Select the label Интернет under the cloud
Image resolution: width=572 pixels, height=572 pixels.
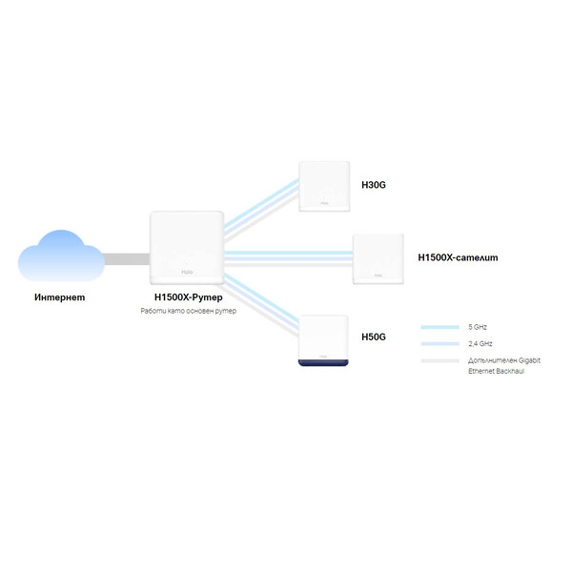pos(59,297)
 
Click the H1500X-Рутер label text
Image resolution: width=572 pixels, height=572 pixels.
pos(187,297)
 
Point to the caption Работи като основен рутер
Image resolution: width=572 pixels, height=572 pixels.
pos(187,312)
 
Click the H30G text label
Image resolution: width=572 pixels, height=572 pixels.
pos(373,186)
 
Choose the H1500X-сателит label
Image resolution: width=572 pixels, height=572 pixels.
pos(458,257)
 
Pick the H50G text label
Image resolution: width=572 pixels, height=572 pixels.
pos(373,337)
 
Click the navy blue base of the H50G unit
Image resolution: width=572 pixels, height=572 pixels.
pos(325,365)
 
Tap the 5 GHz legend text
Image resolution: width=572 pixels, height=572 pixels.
pos(480,327)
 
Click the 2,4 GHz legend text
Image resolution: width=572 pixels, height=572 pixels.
pos(481,343)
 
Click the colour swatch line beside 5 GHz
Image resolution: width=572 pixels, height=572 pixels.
pos(439,327)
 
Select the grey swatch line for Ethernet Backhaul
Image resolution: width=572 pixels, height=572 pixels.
pos(439,360)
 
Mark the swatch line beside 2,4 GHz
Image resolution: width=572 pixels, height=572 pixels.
pos(439,343)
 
